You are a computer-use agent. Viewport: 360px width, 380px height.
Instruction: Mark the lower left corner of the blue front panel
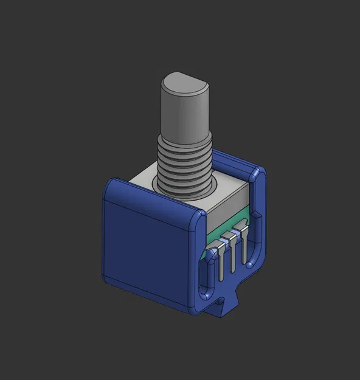109,280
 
